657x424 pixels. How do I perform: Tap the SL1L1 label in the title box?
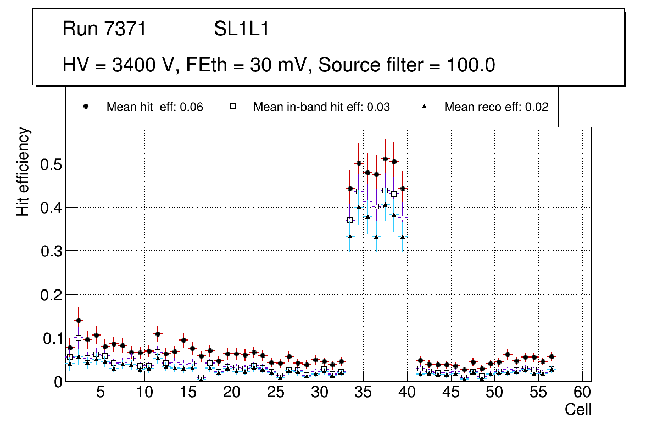pyautogui.click(x=241, y=29)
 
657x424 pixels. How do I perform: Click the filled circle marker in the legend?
pyautogui.click(x=86, y=107)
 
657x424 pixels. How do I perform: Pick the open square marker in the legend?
pyautogui.click(x=232, y=107)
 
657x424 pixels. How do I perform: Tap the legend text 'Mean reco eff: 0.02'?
pyautogui.click(x=496, y=107)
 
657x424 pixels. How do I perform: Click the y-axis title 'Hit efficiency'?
pyautogui.click(x=23, y=171)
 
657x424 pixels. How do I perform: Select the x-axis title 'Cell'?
pyautogui.click(x=578, y=410)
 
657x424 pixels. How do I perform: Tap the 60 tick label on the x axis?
pyautogui.click(x=582, y=393)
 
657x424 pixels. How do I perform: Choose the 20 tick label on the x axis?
pyautogui.click(x=232, y=393)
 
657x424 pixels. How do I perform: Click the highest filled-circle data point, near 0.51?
pyautogui.click(x=385, y=159)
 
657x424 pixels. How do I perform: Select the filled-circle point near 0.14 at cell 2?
pyautogui.click(x=79, y=320)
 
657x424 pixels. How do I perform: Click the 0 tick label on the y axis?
pyautogui.click(x=59, y=382)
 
